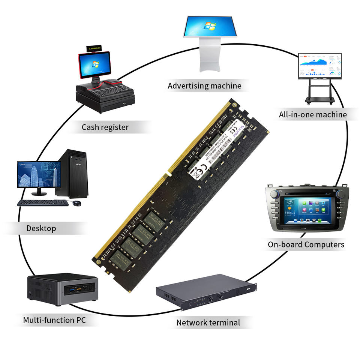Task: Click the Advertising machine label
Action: coord(204,86)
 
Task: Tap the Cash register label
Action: coord(105,127)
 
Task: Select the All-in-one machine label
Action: coord(313,114)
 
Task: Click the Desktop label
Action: coord(41,228)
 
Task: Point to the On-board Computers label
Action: coord(306,244)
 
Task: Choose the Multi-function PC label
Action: coord(54,320)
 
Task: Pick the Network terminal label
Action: coord(208,322)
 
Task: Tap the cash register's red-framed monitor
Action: coord(94,64)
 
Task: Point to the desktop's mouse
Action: coord(77,203)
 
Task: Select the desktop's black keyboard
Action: coord(42,202)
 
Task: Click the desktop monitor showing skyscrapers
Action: coord(39,174)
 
